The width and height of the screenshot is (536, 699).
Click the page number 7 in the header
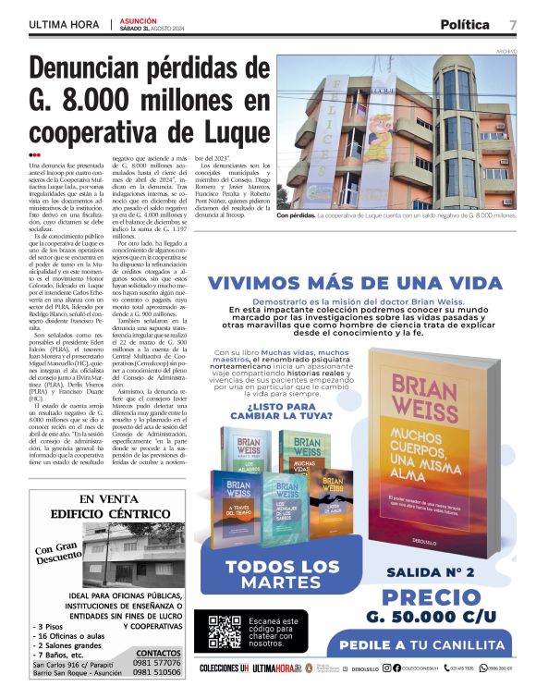pyautogui.click(x=513, y=24)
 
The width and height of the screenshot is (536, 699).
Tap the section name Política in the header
pyautogui.click(x=465, y=24)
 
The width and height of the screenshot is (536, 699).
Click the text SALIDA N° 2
pyautogui.click(x=430, y=571)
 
